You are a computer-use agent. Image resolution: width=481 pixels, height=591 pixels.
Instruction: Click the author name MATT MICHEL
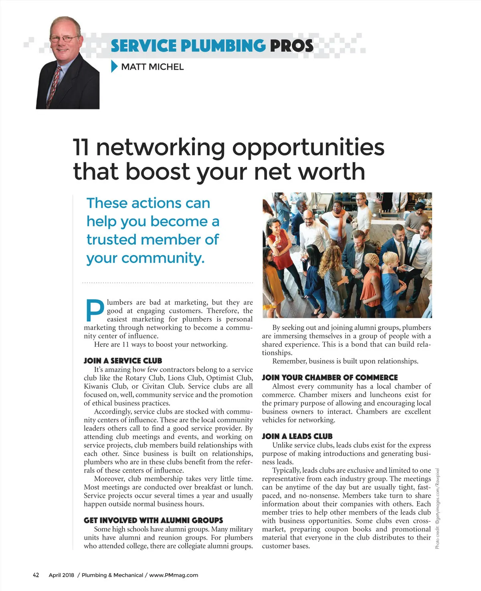pyautogui.click(x=152, y=67)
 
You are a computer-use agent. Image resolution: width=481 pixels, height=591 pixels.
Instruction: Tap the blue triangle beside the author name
pyautogui.click(x=114, y=67)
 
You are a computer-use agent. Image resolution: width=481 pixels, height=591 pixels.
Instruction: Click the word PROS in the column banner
pyautogui.click(x=291, y=46)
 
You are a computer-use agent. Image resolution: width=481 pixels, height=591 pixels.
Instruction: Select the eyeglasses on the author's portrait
pyautogui.click(x=64, y=39)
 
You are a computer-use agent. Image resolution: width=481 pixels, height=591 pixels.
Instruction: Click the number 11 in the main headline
pyautogui.click(x=81, y=147)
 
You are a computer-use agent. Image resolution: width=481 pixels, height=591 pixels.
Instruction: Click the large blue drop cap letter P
pyautogui.click(x=95, y=311)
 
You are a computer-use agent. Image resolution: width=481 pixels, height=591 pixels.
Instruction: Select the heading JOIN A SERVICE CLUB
pyautogui.click(x=123, y=361)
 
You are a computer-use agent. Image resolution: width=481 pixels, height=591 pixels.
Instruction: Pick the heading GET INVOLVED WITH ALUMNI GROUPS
pyautogui.click(x=153, y=520)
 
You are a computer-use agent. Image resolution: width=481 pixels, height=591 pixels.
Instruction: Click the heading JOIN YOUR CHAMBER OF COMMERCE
pyautogui.click(x=329, y=378)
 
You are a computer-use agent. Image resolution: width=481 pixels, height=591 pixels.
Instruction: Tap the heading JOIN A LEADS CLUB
pyautogui.click(x=297, y=436)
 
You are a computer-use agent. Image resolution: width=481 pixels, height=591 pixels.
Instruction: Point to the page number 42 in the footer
pyautogui.click(x=36, y=575)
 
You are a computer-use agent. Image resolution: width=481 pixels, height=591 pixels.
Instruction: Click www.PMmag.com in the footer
pyautogui.click(x=174, y=575)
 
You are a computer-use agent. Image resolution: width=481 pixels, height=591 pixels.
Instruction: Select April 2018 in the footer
pyautogui.click(x=61, y=575)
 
